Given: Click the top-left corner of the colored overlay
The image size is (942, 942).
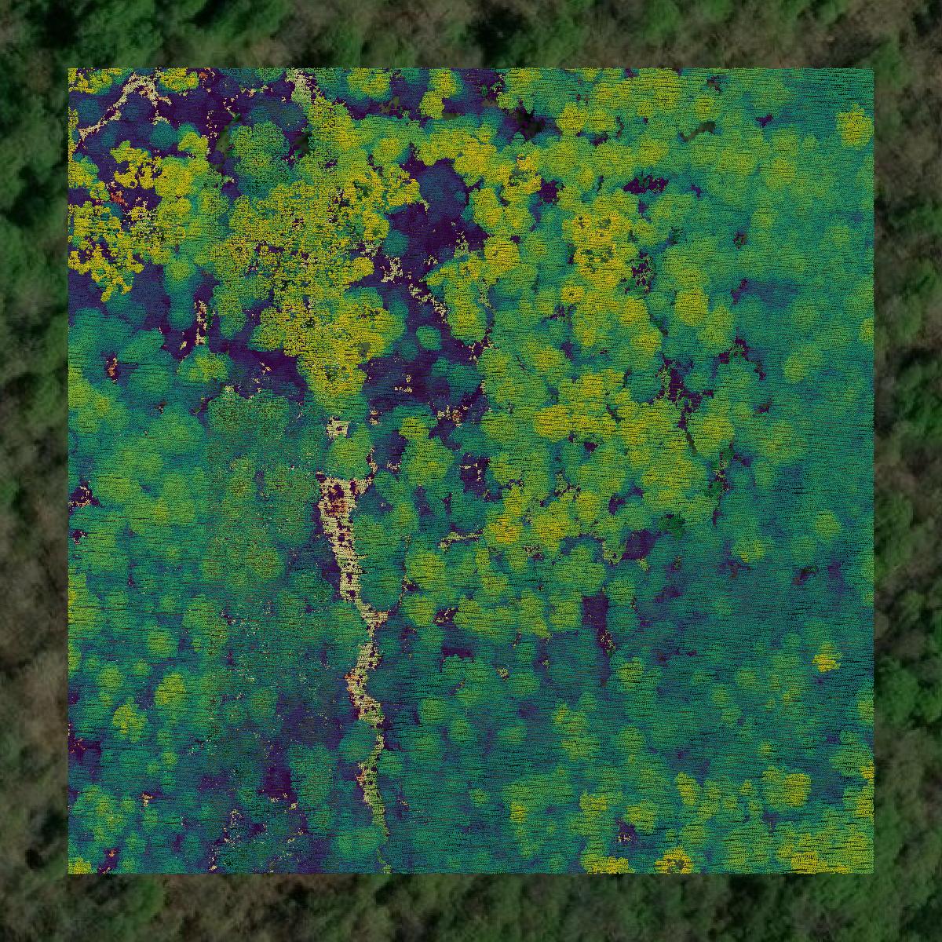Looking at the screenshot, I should pyautogui.click(x=69, y=70).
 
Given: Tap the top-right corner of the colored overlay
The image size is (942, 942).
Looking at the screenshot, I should pyautogui.click(x=872, y=70).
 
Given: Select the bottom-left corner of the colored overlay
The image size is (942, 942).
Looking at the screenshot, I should pyautogui.click(x=69, y=872).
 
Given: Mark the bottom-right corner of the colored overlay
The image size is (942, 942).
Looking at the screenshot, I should pyautogui.click(x=872, y=872).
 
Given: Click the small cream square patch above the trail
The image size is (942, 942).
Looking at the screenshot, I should pyautogui.click(x=338, y=429).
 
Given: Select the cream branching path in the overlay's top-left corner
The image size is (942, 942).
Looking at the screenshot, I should pyautogui.click(x=133, y=94).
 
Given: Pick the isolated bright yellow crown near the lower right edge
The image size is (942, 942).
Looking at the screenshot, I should pyautogui.click(x=824, y=661).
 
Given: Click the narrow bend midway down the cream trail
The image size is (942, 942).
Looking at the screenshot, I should pyautogui.click(x=365, y=652).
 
